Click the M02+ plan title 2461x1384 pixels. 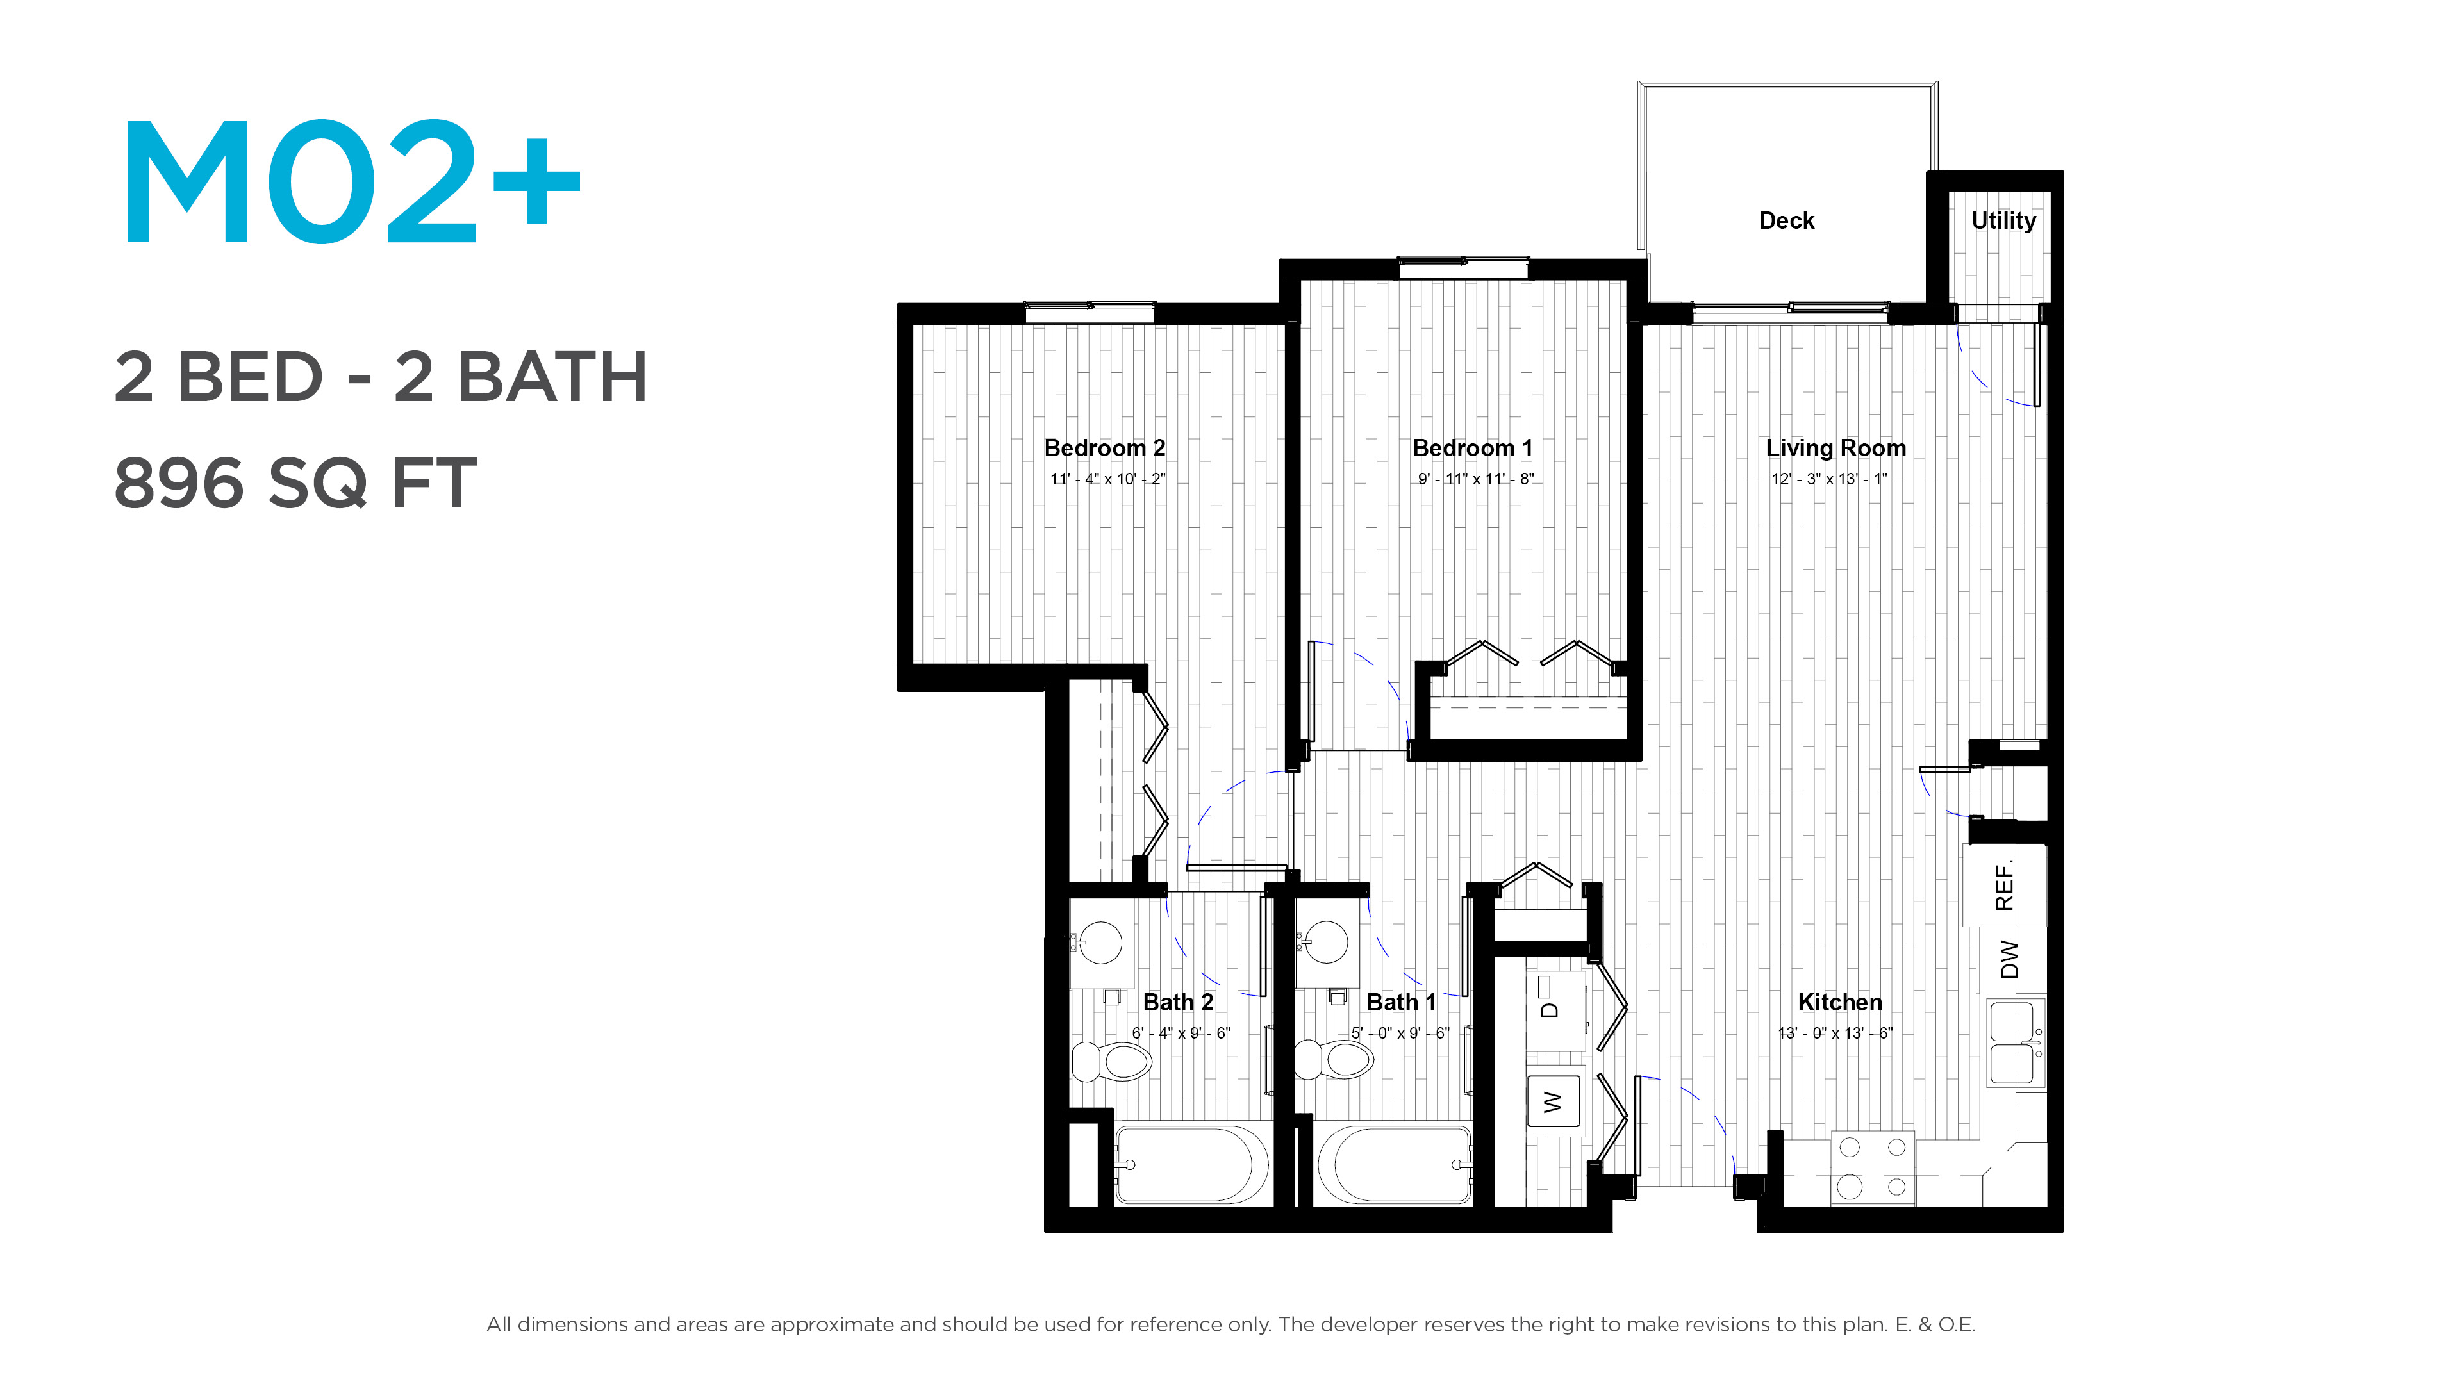point(351,181)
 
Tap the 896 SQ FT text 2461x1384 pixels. point(295,483)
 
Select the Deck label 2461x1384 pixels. point(1787,220)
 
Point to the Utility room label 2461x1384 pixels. point(2003,220)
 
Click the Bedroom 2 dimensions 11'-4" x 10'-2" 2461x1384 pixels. point(1107,479)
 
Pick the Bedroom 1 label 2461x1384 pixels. point(1472,448)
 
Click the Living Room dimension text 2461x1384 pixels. point(1830,479)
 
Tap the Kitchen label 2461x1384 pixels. point(1840,1002)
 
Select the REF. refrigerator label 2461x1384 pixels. point(2004,884)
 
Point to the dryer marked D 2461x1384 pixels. point(1554,1010)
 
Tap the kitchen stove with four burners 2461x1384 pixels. point(1873,1168)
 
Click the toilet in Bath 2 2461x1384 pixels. point(1111,1061)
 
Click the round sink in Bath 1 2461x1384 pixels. point(1327,943)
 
